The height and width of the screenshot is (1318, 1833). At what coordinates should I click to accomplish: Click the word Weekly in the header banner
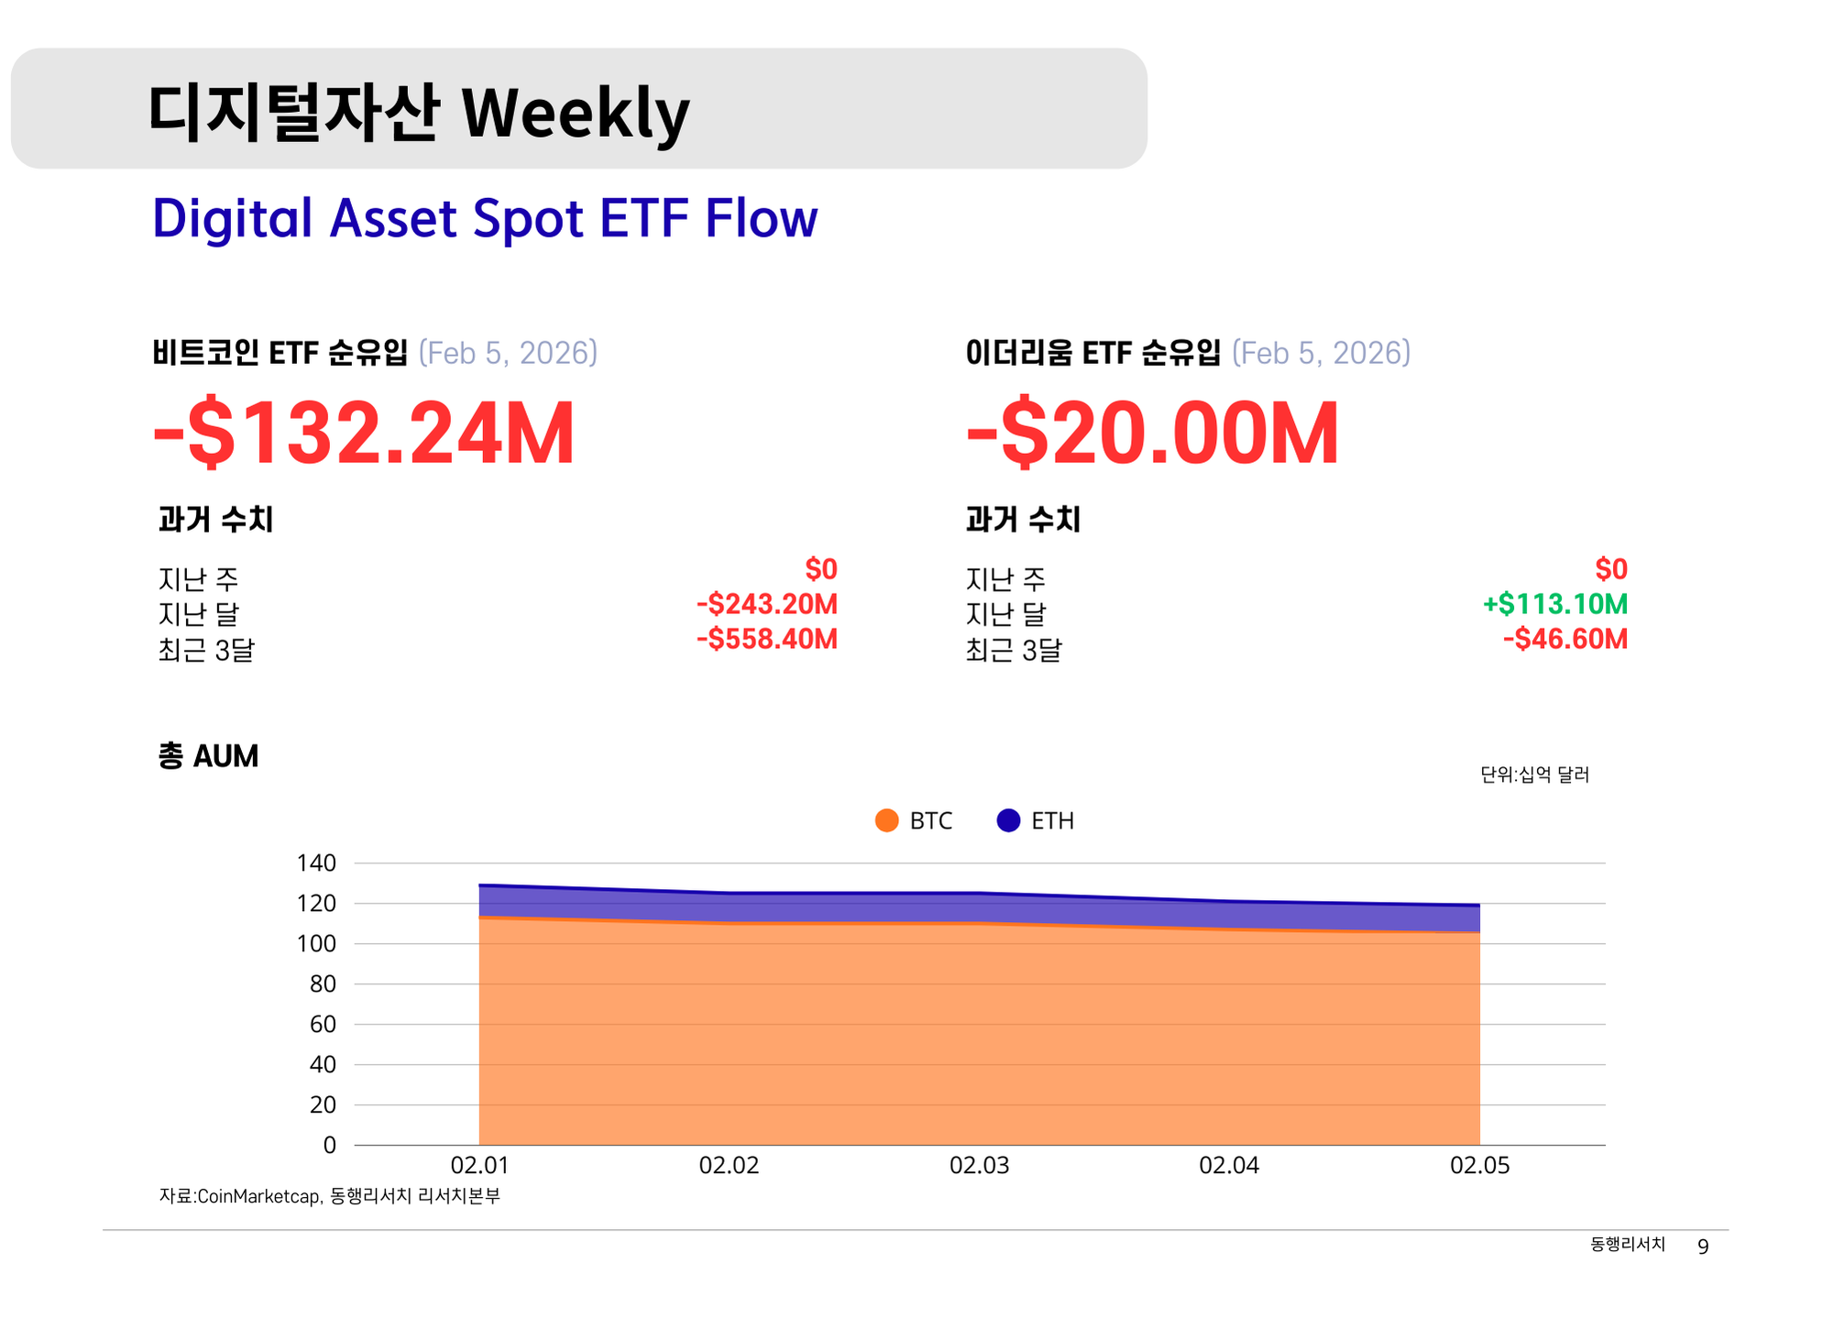575,114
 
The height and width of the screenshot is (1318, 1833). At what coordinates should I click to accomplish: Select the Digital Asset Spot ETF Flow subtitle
484,218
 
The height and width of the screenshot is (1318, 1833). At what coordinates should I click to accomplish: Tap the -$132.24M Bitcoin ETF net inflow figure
364,433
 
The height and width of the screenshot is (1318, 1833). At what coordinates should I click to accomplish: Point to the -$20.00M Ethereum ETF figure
1152,433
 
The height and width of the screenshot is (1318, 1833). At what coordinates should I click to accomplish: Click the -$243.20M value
766,604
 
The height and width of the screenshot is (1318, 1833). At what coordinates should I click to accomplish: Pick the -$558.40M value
766,639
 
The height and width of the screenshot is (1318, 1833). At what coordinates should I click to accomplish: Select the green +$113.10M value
1554,604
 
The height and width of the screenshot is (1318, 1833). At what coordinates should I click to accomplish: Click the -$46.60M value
1564,639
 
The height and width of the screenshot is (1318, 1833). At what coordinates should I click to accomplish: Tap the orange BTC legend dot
886,820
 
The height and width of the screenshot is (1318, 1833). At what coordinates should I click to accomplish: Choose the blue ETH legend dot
1008,820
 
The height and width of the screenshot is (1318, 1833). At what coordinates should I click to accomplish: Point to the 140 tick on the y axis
316,862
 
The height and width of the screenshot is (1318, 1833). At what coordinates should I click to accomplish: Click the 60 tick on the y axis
323,1024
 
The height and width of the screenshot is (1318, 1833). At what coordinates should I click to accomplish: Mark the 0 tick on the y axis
329,1145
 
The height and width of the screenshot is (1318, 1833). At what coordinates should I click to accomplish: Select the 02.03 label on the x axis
979,1166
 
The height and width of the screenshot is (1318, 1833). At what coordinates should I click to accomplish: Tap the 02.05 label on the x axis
1479,1166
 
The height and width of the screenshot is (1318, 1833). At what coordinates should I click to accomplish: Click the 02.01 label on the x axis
479,1166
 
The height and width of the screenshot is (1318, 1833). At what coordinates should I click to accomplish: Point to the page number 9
1703,1247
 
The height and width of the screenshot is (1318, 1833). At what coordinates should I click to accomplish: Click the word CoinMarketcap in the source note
258,1196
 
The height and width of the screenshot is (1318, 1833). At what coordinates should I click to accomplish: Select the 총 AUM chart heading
208,756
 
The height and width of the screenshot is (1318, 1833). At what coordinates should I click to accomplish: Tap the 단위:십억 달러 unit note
1534,774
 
